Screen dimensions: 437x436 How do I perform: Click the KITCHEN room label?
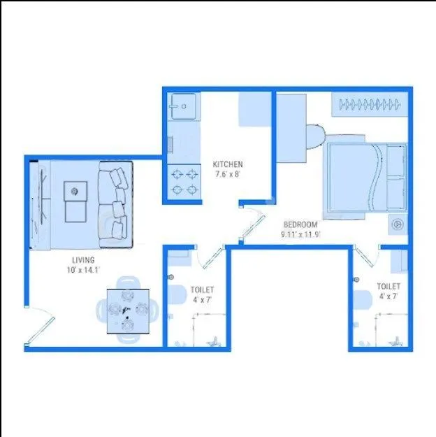point(228,165)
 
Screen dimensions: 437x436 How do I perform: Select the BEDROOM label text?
point(300,225)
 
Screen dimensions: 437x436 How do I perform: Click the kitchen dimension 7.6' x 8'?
point(228,175)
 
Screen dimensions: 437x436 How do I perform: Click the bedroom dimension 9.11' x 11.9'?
point(300,235)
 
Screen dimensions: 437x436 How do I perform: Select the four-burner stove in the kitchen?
point(184,180)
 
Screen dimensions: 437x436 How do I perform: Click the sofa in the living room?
point(115,203)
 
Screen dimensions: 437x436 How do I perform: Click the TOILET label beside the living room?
point(202,289)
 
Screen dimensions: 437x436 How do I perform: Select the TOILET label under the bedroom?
point(388,287)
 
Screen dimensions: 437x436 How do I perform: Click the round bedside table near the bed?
point(398,224)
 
